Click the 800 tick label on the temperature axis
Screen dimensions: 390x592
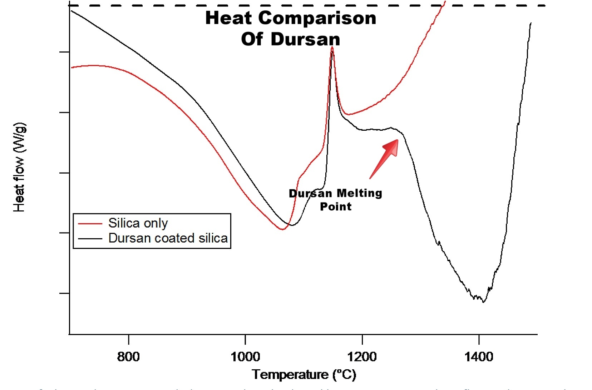(x=128, y=356)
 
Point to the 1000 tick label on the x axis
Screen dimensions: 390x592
(x=245, y=356)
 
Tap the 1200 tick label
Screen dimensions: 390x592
(x=362, y=356)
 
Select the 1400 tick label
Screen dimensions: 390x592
(x=479, y=356)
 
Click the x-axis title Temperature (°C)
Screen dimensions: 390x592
(x=304, y=374)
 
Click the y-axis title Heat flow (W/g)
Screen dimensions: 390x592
(x=19, y=167)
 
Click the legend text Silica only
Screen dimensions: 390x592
(x=138, y=223)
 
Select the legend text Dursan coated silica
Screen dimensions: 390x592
(x=168, y=238)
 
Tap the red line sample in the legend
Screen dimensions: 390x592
(x=90, y=224)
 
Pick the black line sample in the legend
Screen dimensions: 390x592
(x=90, y=238)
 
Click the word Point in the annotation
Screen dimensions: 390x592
(x=335, y=206)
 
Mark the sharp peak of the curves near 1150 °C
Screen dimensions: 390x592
(x=332, y=47)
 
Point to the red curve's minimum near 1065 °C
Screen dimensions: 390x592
(x=282, y=229)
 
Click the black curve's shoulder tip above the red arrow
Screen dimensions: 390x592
(x=391, y=128)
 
